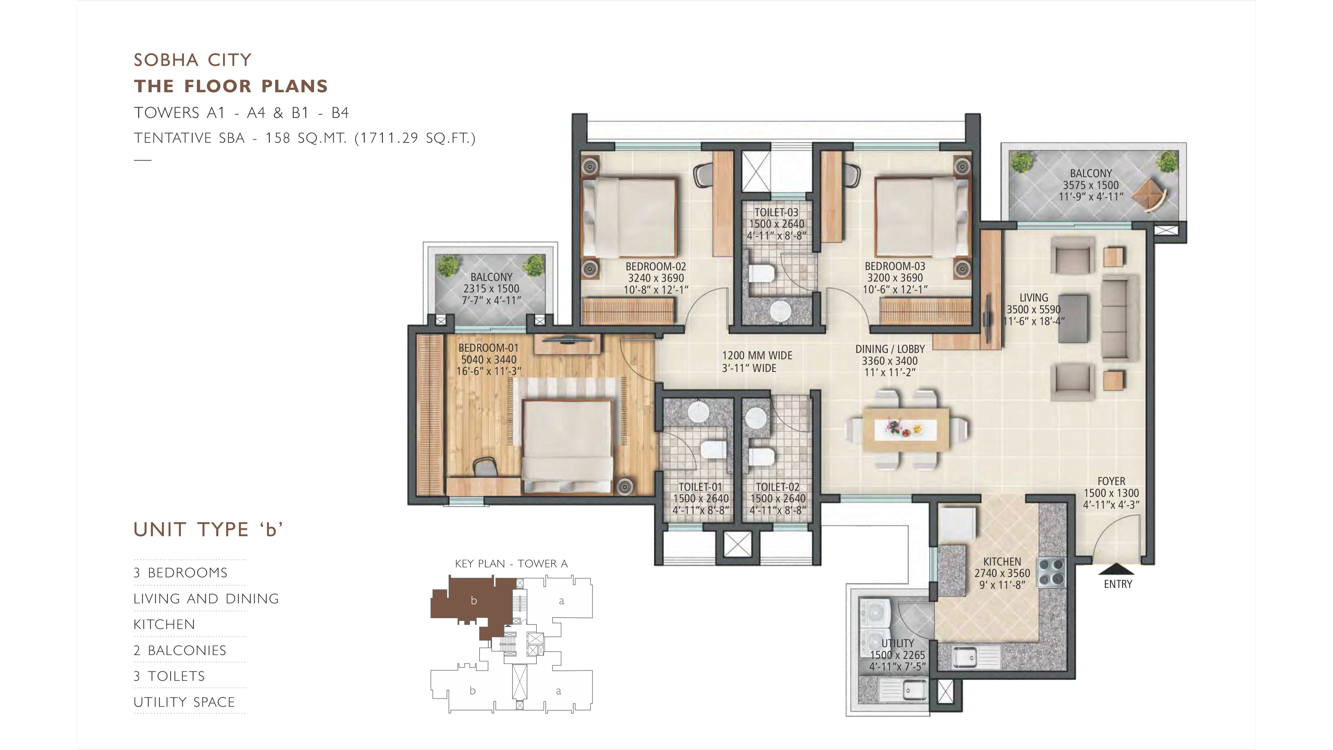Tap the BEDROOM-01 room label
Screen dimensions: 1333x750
click(488, 348)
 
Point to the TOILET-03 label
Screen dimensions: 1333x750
click(776, 212)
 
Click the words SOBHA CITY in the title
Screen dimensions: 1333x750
click(192, 60)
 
